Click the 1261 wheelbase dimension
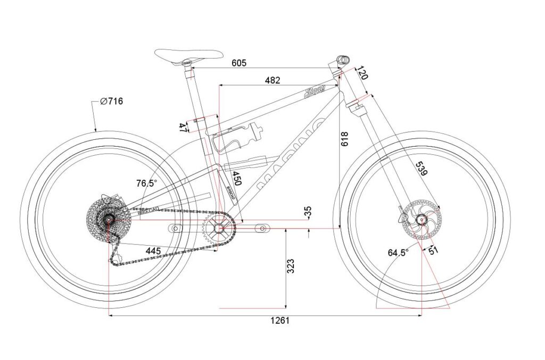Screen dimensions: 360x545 279,321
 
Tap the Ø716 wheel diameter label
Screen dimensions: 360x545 111,101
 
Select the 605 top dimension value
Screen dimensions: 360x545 239,63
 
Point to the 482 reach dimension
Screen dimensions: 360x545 272,80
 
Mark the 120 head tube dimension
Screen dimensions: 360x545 362,72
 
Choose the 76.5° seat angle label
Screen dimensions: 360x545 146,183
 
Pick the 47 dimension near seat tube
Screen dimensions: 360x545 183,127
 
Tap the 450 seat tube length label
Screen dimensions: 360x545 236,178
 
